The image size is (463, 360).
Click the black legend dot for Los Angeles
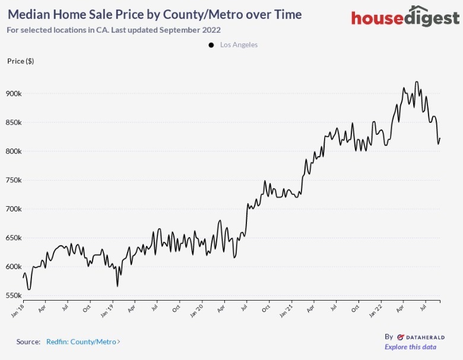211,45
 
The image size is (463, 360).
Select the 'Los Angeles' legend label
239,45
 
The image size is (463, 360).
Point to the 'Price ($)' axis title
20,61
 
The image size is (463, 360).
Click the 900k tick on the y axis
13,94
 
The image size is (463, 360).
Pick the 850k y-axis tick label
13,122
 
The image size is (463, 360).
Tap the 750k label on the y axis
13,180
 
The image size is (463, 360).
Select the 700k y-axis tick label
13,209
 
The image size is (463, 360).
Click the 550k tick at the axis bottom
13,295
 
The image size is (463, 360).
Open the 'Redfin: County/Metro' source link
83,342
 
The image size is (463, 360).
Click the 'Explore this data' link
410,347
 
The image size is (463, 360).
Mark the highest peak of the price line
417,82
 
